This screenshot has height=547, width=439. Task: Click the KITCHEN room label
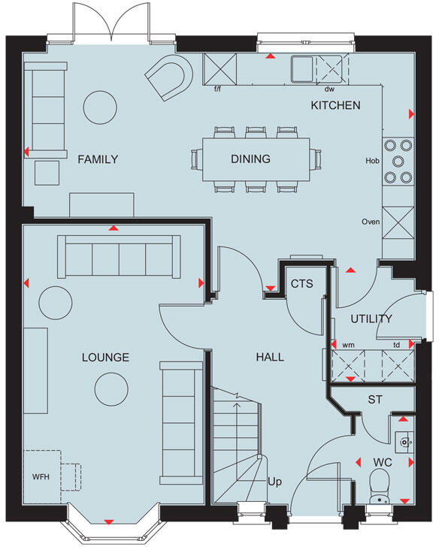pos(335,105)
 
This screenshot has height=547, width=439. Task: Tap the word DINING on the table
pos(250,159)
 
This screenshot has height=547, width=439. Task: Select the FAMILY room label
pos(98,159)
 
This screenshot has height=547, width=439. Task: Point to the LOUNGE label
pos(106,357)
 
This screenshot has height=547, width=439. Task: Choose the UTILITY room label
pos(371,319)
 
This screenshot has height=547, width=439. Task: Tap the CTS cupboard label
pos(301,283)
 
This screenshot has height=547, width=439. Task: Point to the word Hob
pos(371,161)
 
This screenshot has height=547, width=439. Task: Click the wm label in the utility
pos(348,345)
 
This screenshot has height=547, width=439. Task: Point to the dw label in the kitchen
pos(329,89)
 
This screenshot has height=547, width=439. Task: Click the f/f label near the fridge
pos(218,89)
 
